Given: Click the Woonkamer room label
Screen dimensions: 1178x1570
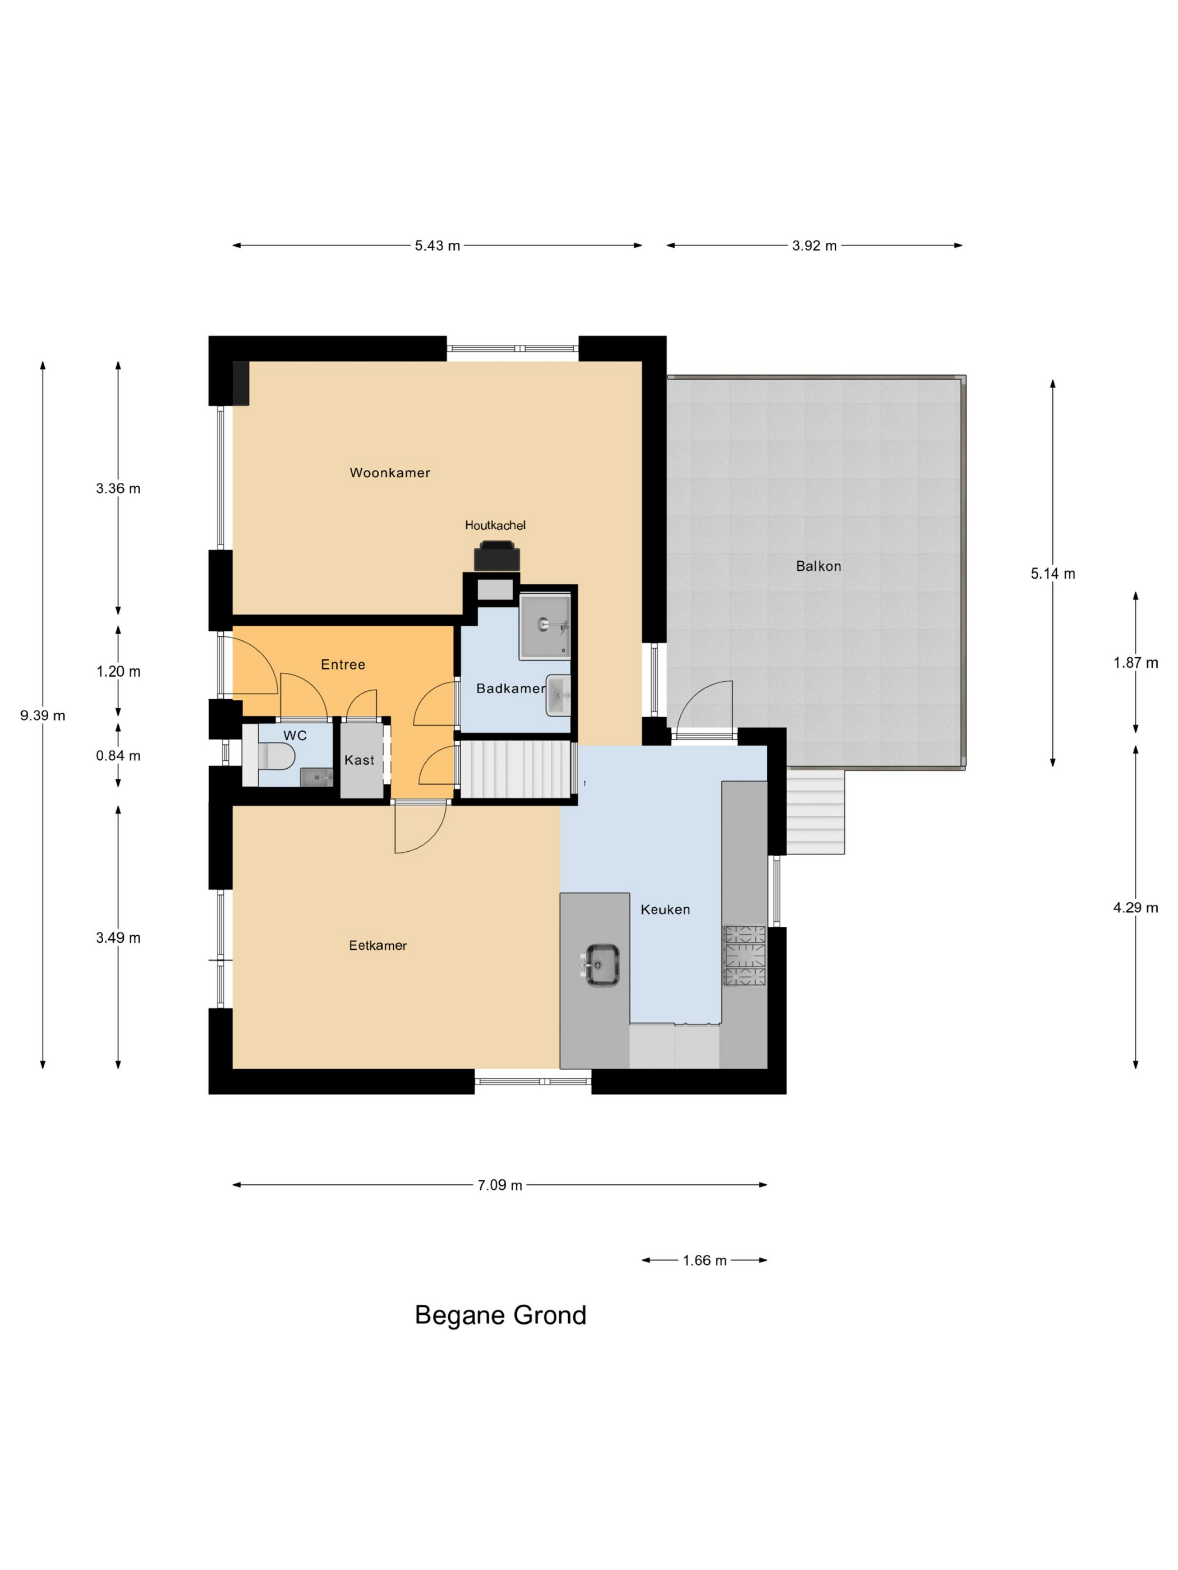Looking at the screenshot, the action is [x=390, y=473].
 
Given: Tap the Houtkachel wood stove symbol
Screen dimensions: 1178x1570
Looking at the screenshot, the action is [x=496, y=556].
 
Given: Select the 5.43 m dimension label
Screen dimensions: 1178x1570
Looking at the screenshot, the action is [x=438, y=246].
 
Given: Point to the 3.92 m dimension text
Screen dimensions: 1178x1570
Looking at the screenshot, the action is [x=815, y=246].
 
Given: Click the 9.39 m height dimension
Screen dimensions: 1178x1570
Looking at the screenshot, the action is [x=43, y=715].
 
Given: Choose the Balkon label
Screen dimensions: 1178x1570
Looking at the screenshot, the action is [x=818, y=566].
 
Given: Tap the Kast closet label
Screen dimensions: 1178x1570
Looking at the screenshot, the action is [x=360, y=760].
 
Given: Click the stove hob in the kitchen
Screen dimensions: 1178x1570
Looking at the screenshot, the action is [x=745, y=955].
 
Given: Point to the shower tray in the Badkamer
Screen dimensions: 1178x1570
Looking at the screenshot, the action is [x=545, y=627].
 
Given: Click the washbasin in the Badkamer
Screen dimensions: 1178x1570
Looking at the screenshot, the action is [x=558, y=696].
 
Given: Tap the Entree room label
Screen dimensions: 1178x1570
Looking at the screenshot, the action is [x=343, y=665].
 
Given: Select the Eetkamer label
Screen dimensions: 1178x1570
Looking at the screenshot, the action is [x=378, y=945].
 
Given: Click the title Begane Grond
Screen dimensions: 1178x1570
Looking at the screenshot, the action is [x=500, y=1315].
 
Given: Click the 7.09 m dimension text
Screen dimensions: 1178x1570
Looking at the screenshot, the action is [x=500, y=1185].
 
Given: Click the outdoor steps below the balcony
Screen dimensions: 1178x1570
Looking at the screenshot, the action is [x=816, y=812].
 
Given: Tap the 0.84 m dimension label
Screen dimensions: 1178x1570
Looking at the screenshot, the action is [x=118, y=756].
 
